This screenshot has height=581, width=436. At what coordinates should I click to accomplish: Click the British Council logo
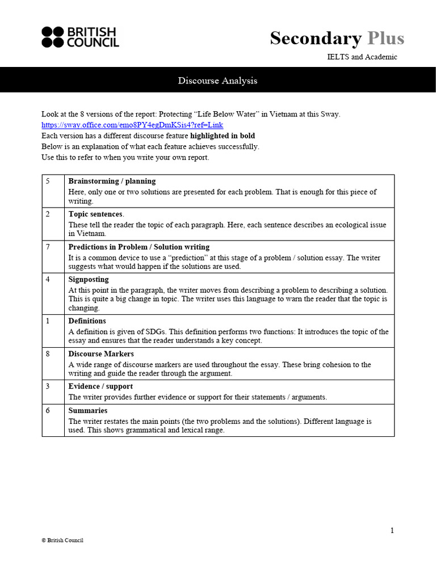tap(80, 37)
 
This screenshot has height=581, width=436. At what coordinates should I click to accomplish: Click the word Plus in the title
tap(385, 38)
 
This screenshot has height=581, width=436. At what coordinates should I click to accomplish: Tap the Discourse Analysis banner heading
tap(217, 81)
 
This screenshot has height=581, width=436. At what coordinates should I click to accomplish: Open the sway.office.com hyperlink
tap(132, 125)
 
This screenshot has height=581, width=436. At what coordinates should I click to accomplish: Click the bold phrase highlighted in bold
tap(223, 136)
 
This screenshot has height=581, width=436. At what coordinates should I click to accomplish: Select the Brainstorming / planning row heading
tap(112, 181)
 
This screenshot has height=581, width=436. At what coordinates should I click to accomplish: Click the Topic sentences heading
tap(95, 214)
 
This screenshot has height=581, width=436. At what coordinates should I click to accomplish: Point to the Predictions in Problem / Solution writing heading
tap(139, 247)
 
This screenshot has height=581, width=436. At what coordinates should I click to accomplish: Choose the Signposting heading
tap(89, 280)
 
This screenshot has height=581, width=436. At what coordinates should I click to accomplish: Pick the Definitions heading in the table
tap(87, 321)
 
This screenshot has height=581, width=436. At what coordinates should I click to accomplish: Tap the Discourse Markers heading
tap(101, 354)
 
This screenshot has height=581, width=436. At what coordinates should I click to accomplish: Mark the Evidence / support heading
tap(100, 386)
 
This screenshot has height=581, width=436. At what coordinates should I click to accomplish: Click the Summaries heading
tap(87, 411)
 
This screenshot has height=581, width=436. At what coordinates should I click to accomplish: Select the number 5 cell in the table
tap(48, 181)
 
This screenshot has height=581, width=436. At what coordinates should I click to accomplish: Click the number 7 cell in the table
tap(48, 247)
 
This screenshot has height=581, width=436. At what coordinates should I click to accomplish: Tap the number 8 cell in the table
tap(48, 354)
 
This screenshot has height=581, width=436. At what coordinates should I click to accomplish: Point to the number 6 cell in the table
tap(48, 411)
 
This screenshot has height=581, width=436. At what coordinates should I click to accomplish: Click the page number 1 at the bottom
tap(392, 531)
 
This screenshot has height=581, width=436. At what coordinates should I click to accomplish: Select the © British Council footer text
tap(62, 541)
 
